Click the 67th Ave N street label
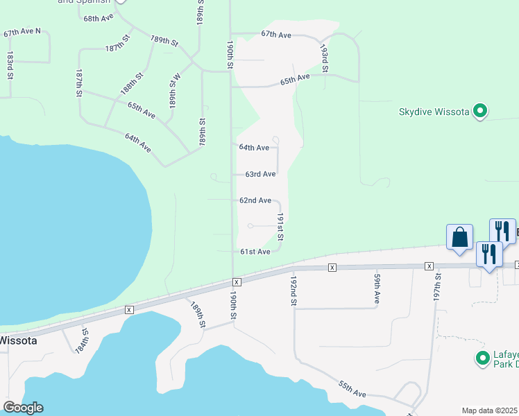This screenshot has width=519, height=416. [x=23, y=33]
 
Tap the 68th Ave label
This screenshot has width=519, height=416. [x=98, y=18]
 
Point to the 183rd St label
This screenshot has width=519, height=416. [x=10, y=64]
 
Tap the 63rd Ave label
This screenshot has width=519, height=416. [x=260, y=174]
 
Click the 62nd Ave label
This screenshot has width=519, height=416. [x=255, y=200]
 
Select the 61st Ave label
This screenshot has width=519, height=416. [x=255, y=252]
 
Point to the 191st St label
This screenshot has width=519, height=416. [x=281, y=227]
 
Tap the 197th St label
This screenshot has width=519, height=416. [x=438, y=284]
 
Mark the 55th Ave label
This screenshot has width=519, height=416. [x=352, y=388]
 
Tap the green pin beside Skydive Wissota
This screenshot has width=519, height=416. [x=479, y=111]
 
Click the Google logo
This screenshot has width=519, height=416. [x=22, y=408]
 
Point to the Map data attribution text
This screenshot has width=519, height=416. [x=490, y=410]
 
